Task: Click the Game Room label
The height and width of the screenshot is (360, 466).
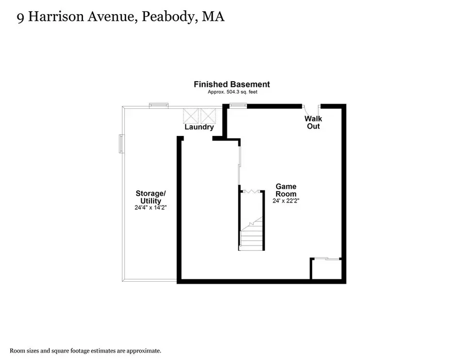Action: [286, 190]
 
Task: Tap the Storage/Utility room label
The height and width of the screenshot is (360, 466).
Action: [150, 197]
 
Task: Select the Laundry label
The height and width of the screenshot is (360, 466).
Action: [199, 127]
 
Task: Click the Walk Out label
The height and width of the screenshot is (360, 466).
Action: [313, 122]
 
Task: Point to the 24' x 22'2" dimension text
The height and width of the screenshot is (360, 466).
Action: [286, 201]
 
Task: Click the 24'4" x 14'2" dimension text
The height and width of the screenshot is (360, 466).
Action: [150, 207]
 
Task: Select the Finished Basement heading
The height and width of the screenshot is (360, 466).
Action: [232, 84]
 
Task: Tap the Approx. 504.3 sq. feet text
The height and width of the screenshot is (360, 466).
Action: [233, 92]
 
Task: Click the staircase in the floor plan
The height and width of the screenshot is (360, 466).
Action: [251, 234]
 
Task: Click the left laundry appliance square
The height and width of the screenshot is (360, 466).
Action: [190, 116]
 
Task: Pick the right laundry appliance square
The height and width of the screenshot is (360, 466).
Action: [208, 116]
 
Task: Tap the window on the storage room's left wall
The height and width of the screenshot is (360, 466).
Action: [121, 144]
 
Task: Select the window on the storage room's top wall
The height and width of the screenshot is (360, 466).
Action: [159, 105]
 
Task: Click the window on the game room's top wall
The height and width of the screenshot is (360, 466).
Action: [238, 105]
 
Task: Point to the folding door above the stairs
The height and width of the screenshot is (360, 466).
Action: [251, 191]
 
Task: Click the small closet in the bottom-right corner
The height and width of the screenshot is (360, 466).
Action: [326, 269]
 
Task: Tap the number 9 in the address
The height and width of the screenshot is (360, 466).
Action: [20, 18]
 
